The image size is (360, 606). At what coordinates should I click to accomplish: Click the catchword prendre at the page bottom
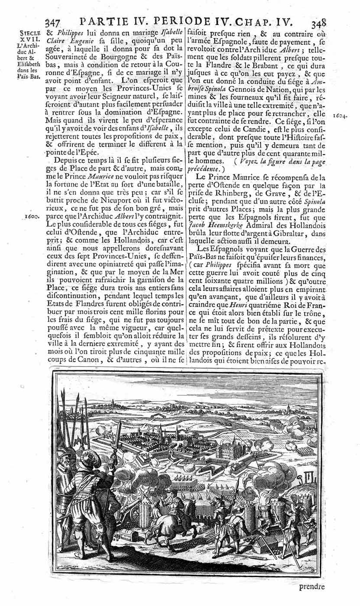[x=311, y=587]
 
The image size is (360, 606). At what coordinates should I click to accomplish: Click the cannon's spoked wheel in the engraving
[x=135, y=515]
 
